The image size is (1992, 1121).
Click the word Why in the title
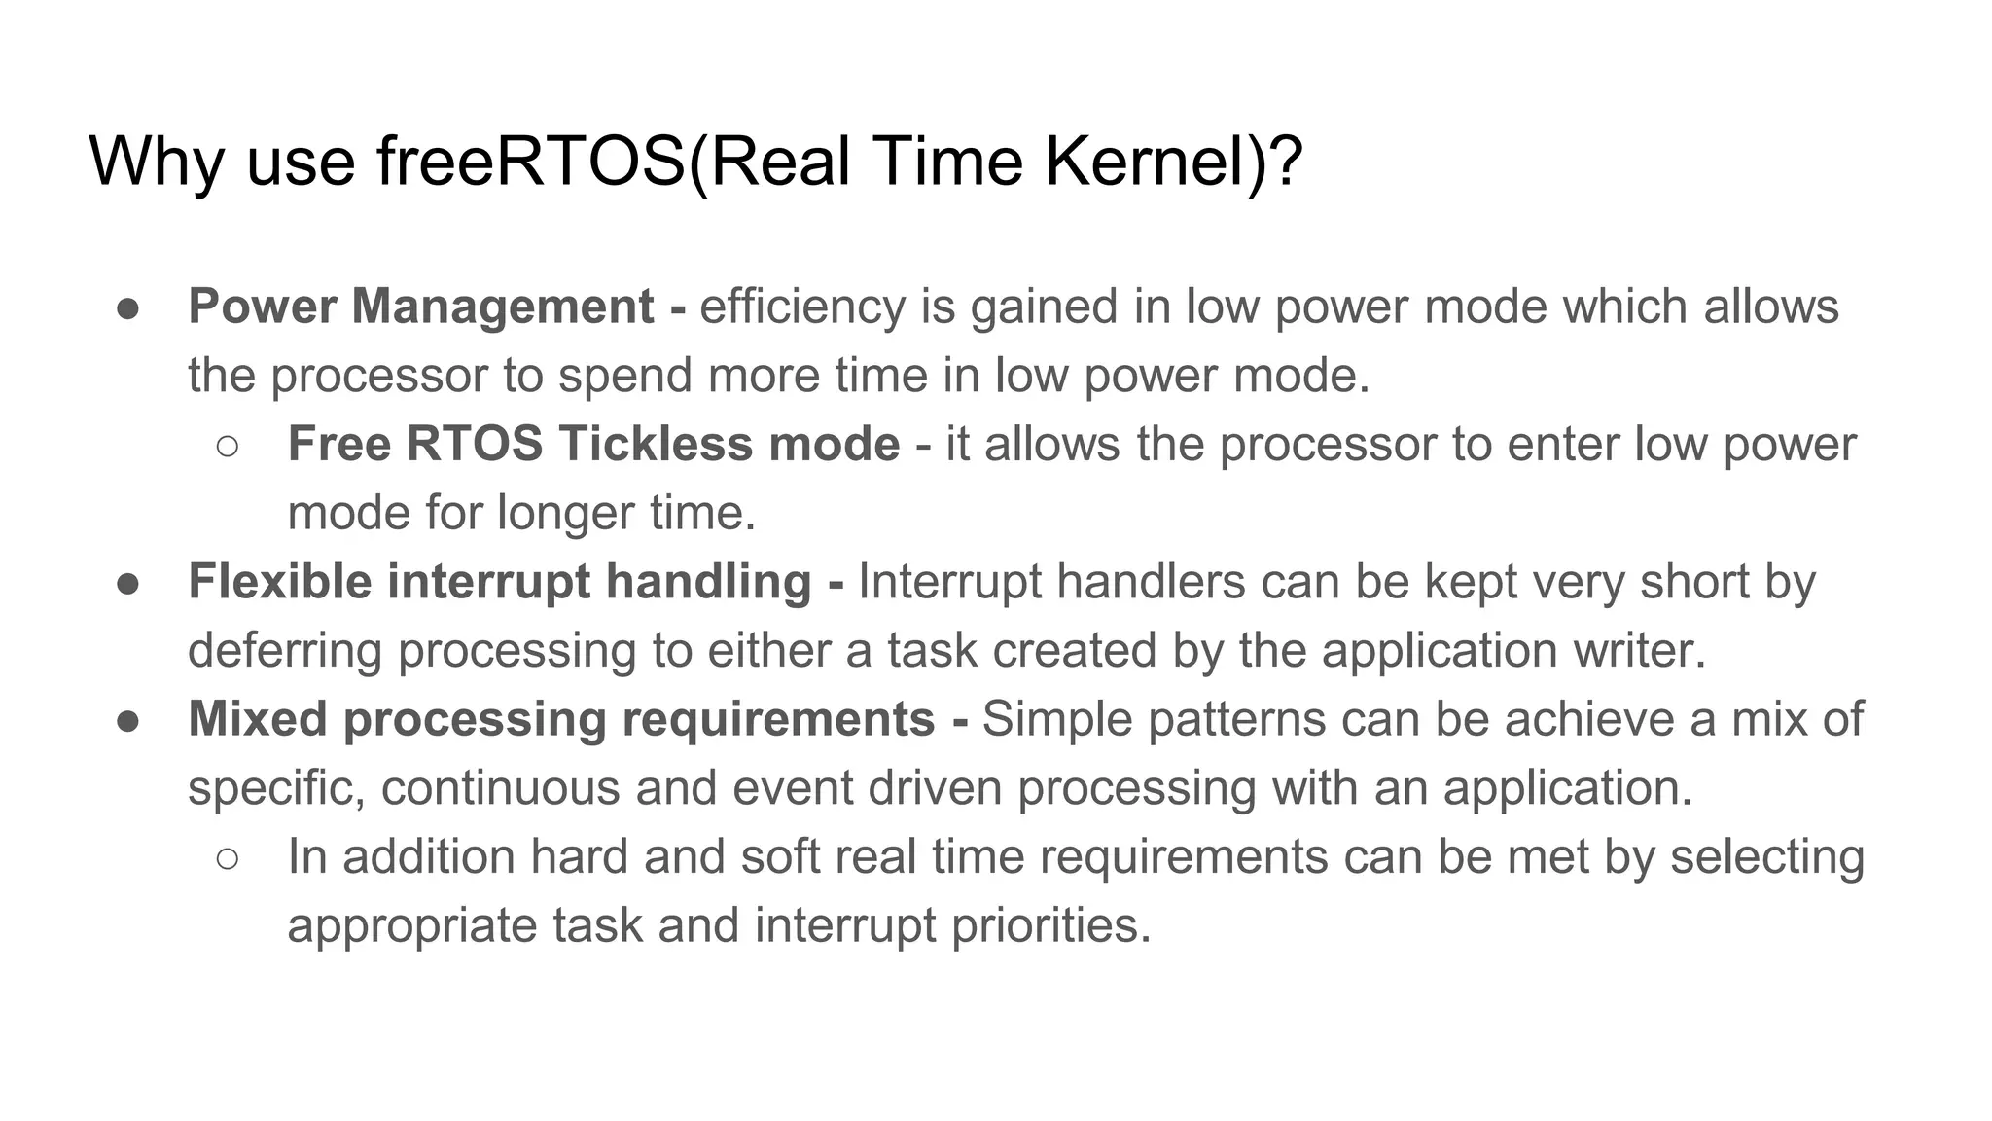pyautogui.click(x=157, y=162)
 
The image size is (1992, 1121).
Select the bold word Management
pyautogui.click(x=502, y=307)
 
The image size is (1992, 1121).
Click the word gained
pyautogui.click(x=1044, y=307)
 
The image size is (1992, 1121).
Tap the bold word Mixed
pyautogui.click(x=258, y=719)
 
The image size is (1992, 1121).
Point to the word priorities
pyautogui.click(x=1050, y=924)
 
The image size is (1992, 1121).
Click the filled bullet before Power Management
pyautogui.click(x=128, y=307)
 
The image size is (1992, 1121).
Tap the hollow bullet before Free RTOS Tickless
pyautogui.click(x=228, y=446)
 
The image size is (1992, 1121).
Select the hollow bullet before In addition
pyautogui.click(x=228, y=858)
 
